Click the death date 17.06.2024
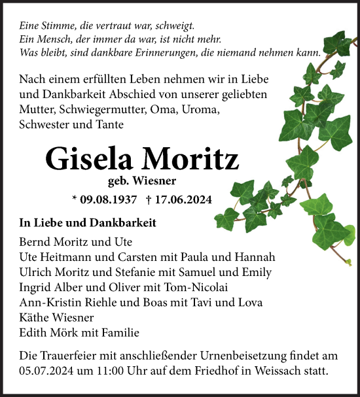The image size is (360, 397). point(183,199)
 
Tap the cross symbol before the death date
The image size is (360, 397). point(149,199)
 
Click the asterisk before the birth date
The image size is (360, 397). point(75,199)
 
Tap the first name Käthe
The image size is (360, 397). point(33,317)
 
